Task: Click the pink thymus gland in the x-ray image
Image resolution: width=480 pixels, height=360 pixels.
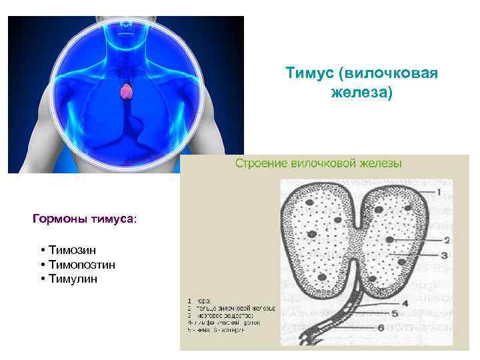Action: point(125,91)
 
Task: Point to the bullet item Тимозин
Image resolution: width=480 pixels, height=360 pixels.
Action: point(71,249)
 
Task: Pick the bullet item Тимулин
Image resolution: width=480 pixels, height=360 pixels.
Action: point(72,279)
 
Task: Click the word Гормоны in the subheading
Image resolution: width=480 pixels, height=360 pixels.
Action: point(57,218)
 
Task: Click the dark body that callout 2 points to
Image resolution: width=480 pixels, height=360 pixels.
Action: point(390,239)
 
